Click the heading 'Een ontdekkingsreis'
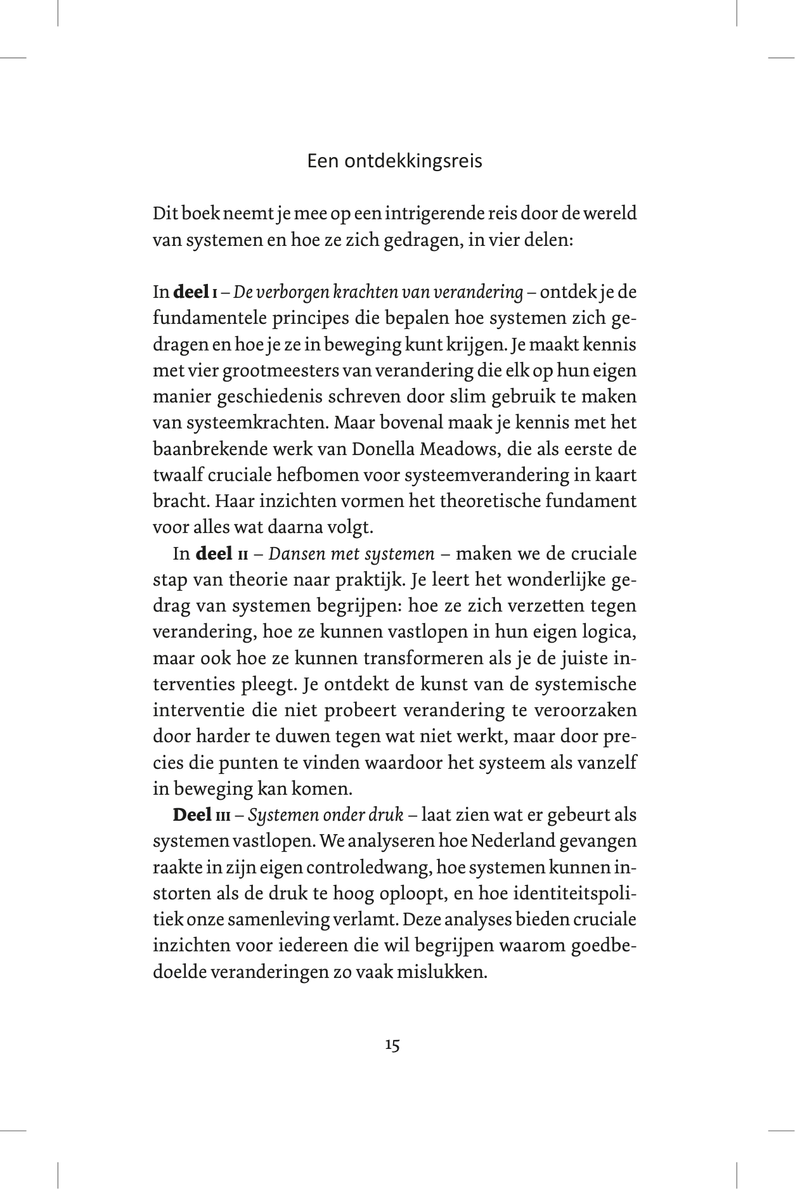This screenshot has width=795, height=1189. [x=394, y=161]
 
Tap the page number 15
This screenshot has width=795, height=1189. [x=392, y=1045]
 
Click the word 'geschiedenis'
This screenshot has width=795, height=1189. [x=252, y=397]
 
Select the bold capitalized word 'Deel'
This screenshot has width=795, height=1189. [x=192, y=814]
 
